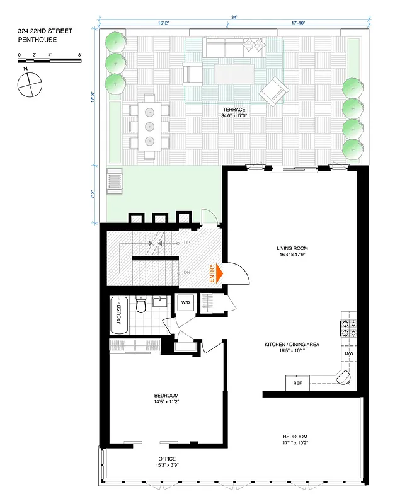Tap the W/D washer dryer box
pos(185,302)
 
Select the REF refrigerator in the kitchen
pos(297,382)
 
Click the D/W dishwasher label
pos(349,353)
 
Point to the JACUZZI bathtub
pos(120,315)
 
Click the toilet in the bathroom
pos(141,307)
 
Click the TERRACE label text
pos(233,109)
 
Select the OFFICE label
pos(167,459)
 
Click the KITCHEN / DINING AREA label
pos(291,345)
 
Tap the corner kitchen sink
pos(345,378)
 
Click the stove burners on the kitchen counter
pos(348,328)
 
